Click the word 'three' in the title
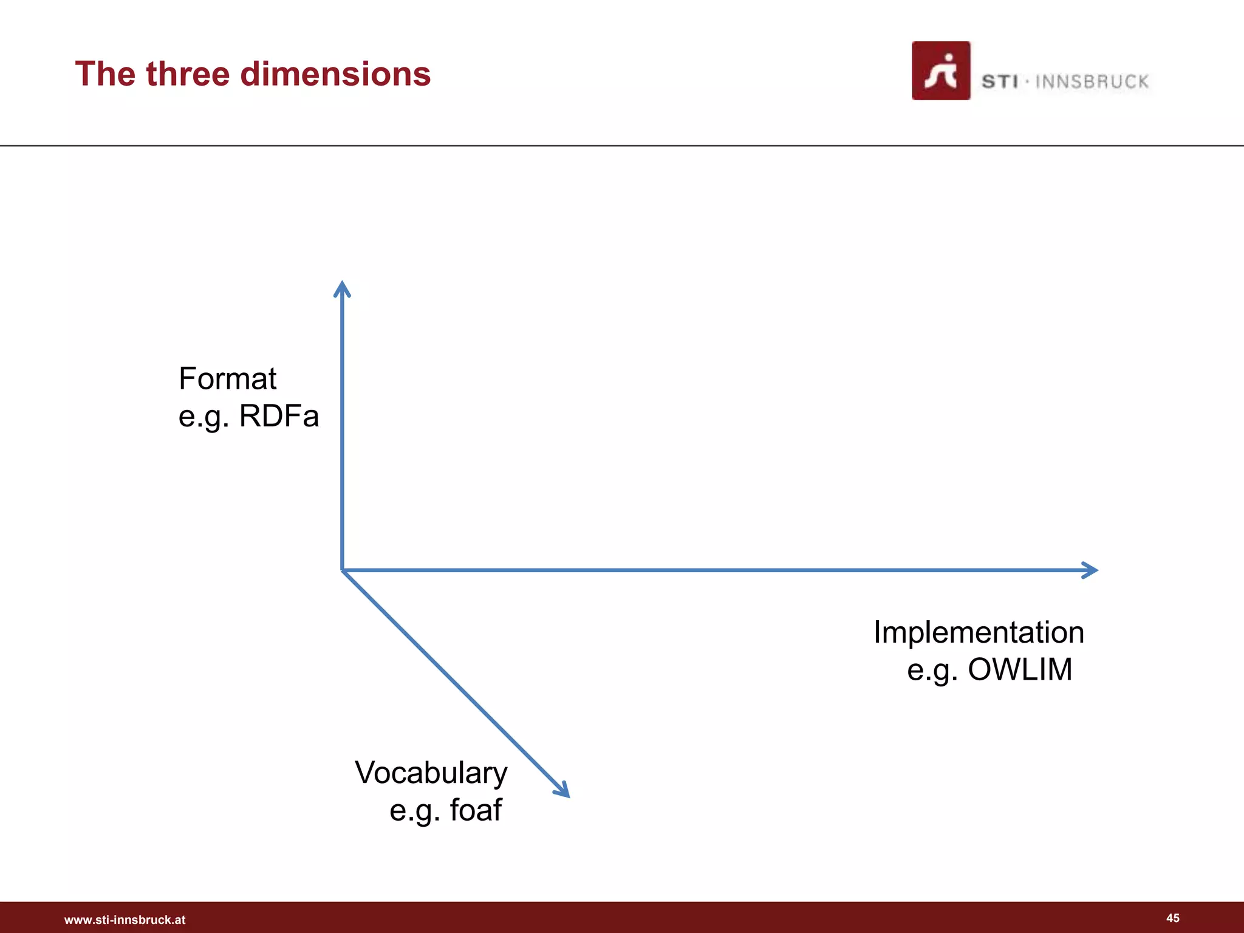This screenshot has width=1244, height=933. point(188,74)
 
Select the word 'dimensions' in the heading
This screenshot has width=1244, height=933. point(335,74)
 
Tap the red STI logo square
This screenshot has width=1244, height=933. point(940,71)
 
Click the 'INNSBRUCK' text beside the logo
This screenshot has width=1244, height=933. point(1092,82)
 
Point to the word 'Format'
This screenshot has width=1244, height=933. point(227,379)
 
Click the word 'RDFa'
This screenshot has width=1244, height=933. point(279,417)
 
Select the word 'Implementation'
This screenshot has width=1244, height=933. point(979,632)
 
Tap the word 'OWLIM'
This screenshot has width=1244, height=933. point(1020,670)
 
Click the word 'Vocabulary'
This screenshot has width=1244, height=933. point(431,773)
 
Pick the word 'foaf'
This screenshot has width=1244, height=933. point(476,810)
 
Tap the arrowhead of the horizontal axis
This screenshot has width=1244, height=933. point(1091,570)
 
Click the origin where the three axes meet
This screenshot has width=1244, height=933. point(343,570)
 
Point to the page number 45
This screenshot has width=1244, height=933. point(1173,918)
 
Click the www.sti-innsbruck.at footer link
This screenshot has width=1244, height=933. point(125,920)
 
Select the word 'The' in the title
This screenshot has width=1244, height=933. point(105,74)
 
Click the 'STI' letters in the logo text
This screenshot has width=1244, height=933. point(999,82)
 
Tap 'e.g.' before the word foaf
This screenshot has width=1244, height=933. point(415,810)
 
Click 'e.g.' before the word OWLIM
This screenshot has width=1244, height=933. point(932,670)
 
